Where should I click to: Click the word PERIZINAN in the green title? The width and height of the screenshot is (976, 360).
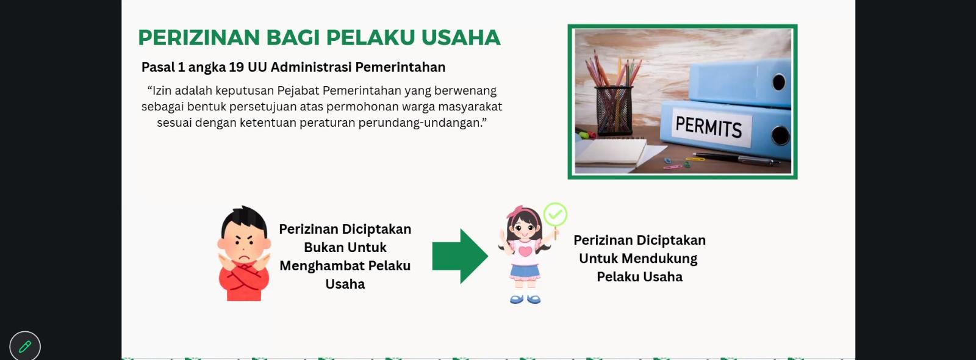[199, 37]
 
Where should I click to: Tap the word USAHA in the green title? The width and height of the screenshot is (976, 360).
[461, 37]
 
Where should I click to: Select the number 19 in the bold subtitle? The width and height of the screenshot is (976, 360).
[236, 67]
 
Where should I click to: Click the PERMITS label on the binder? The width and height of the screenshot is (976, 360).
[708, 127]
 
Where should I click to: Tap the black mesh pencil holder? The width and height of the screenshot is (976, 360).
[614, 110]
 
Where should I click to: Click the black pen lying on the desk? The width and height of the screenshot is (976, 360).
[736, 159]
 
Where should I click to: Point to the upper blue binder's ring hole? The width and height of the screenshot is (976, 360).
[778, 82]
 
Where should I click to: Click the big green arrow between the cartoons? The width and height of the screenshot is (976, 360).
[460, 256]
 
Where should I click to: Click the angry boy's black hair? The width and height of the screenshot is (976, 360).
[245, 220]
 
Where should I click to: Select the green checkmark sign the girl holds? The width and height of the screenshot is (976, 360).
[556, 214]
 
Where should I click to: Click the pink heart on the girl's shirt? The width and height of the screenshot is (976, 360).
[525, 251]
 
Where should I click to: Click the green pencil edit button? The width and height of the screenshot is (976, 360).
[25, 347]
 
